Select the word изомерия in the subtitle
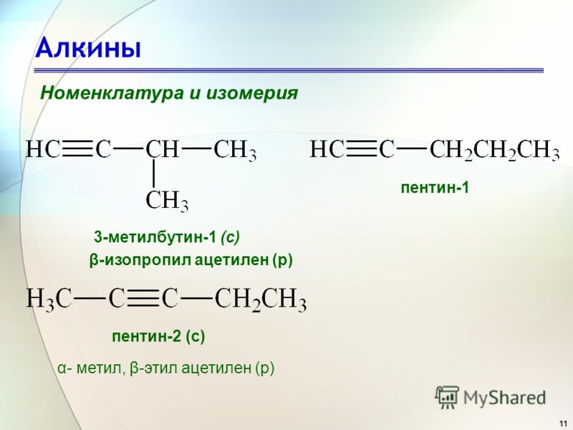252,93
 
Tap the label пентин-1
435,188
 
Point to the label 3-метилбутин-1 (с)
167,237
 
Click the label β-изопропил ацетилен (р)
191,260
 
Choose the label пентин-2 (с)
158,336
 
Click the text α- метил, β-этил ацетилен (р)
166,368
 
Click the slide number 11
563,423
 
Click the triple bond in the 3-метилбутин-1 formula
78,150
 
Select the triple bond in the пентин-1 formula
362,150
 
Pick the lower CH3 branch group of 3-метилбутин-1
167,201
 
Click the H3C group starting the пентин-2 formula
49,300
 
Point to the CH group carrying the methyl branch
163,150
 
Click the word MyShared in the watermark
505,398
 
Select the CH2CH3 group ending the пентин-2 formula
261,300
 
